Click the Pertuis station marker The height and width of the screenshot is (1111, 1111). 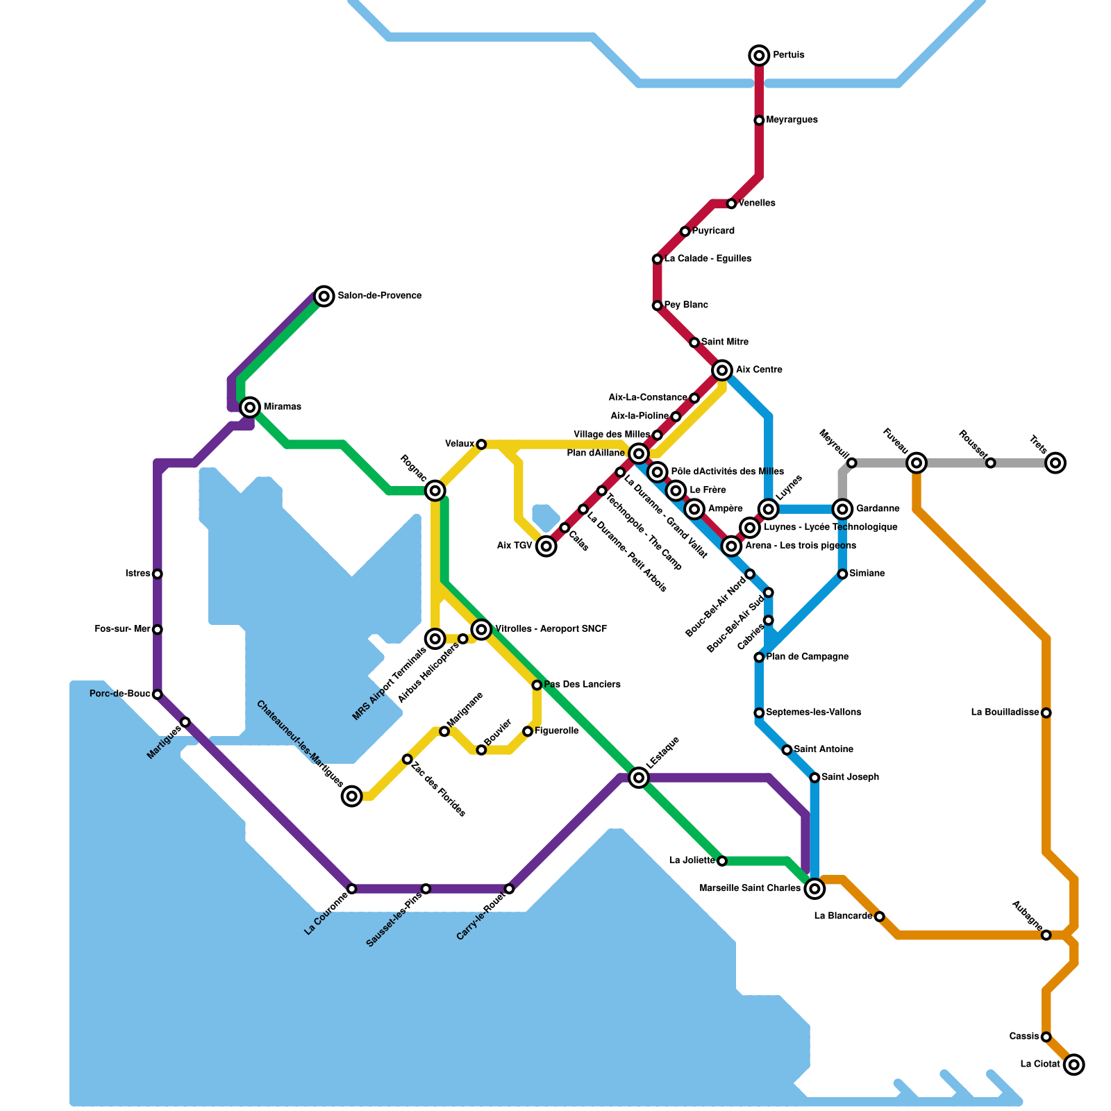point(759,56)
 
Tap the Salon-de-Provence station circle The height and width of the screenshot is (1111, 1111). point(324,296)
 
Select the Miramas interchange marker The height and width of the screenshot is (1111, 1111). point(250,407)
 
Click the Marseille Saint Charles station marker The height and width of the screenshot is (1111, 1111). point(815,888)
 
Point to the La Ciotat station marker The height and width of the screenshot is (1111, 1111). point(1074,1064)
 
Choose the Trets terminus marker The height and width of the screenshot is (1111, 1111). point(1055,462)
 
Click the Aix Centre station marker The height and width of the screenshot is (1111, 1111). point(722,370)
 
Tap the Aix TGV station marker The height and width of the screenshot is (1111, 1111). point(546,546)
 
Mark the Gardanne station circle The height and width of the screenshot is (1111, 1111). point(842,509)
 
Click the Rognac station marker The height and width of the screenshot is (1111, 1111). point(435,491)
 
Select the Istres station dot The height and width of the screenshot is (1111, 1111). point(158,574)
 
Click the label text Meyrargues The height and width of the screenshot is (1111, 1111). point(792,120)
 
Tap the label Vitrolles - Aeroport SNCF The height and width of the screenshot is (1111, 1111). point(551,629)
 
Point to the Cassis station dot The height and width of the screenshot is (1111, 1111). point(1046,1037)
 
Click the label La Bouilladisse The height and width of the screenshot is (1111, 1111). point(1005,712)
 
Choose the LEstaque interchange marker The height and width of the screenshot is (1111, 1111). point(639,778)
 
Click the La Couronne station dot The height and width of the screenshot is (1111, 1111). point(352,889)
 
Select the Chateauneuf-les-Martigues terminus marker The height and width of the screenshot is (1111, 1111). point(352,796)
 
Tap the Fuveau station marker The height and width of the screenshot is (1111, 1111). point(917,462)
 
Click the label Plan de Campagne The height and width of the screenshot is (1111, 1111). point(807,657)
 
